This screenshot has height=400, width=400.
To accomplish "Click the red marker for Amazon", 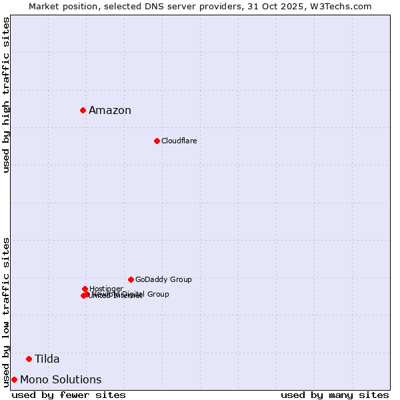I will coord(83,110).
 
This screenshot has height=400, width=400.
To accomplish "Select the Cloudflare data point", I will coord(157,141).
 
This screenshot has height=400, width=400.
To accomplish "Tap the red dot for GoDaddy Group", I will coord(131,279).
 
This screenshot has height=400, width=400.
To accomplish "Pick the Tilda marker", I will coord(29,359).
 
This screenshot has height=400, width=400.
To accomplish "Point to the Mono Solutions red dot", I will coord(14,379).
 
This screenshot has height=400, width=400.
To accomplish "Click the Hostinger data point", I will coord(85,289).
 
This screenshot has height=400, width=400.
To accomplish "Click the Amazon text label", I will coord(110,111).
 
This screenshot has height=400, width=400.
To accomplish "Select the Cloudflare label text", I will coord(179,141).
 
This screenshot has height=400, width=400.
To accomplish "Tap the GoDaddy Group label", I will coord(163,279).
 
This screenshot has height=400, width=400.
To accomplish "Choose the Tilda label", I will coord(47,359).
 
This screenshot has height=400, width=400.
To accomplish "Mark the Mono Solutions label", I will coord(61,380).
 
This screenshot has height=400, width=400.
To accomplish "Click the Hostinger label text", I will coord(106,289).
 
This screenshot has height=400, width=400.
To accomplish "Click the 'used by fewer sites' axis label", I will coord(69,395).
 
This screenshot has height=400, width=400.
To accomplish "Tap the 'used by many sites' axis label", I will coord(335,395).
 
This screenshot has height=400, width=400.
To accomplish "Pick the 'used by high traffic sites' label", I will coord(6,95).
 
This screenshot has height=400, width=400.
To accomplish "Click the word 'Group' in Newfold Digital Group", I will coord(157,294).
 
